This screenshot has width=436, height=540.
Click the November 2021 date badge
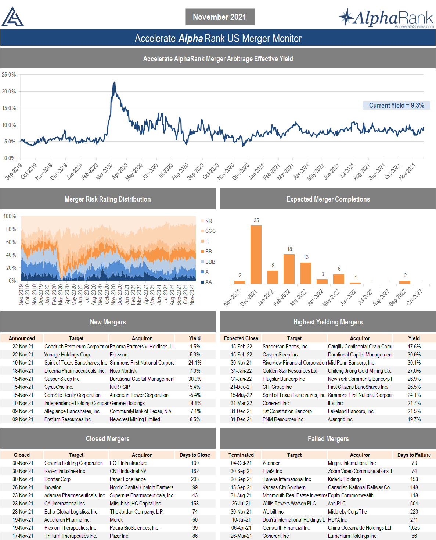(x=220, y=17)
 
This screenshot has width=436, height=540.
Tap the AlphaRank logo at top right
(x=386, y=18)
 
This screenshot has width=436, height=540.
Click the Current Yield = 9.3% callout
(x=396, y=106)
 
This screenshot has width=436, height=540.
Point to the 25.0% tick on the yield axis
(x=9, y=75)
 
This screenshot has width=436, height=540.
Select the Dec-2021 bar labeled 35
(x=256, y=255)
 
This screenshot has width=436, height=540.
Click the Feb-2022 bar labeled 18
(x=289, y=269)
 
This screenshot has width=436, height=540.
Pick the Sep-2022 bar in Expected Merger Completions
(x=405, y=283)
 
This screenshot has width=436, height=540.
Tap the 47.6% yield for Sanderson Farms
(x=414, y=347)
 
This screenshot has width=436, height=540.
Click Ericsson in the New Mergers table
(x=119, y=355)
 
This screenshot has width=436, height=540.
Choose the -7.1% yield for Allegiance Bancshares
(x=195, y=411)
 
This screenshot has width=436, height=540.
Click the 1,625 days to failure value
(x=414, y=528)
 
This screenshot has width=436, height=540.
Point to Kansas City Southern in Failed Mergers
(x=284, y=487)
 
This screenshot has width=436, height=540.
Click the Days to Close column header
(x=195, y=455)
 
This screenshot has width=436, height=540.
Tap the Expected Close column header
(x=241, y=338)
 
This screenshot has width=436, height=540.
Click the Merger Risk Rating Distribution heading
(x=108, y=199)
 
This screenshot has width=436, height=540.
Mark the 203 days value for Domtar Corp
(x=195, y=479)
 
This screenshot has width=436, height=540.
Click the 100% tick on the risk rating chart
(x=10, y=216)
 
